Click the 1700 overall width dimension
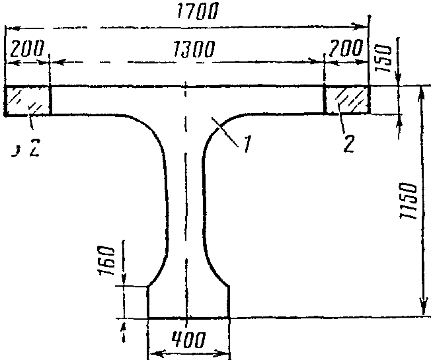coord(198,11)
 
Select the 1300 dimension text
coord(193,49)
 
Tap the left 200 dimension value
coord(27,48)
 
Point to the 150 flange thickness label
coord(384,58)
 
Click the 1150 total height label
coord(409,200)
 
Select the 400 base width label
coord(188,340)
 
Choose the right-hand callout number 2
coord(349,143)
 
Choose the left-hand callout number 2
coord(35,147)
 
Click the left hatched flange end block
coord(28,101)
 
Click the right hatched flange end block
coord(347,100)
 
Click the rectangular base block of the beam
coord(189,303)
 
